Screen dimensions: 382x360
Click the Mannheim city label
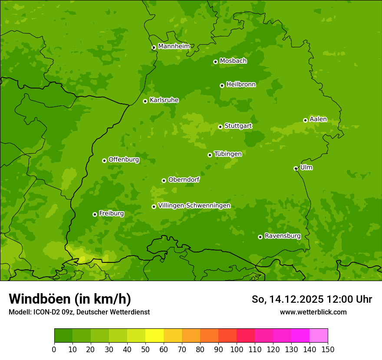click(174, 46)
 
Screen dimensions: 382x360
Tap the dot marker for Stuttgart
click(220, 127)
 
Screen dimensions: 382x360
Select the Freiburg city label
click(111, 213)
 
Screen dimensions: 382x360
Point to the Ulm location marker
click(296, 168)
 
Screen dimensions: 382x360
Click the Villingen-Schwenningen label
click(194, 206)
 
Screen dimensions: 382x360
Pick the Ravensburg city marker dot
click(260, 237)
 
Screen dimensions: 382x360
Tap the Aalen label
click(318, 119)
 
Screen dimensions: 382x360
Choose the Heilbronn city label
click(241, 85)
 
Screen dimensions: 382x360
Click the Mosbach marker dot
click(215, 62)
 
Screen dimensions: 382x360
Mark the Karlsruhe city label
click(164, 100)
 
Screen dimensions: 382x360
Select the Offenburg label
click(124, 160)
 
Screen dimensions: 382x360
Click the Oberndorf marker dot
click(164, 180)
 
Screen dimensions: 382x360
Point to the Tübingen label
click(228, 154)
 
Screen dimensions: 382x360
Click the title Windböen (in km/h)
click(69, 299)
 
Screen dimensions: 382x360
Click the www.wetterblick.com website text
click(313, 312)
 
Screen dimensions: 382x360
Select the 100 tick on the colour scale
click(237, 349)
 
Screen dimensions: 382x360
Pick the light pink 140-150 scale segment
click(319, 336)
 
